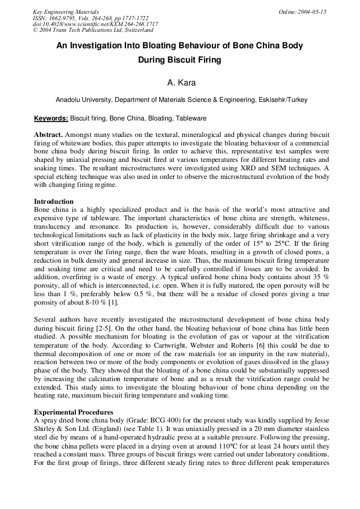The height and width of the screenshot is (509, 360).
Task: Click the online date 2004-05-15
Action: click(x=302, y=12)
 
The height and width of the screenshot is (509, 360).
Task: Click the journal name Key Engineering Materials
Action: click(x=65, y=12)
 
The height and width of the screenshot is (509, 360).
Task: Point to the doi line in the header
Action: click(x=95, y=24)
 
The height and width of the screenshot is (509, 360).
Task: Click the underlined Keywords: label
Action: click(x=51, y=118)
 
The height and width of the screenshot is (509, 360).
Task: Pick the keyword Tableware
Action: click(x=191, y=118)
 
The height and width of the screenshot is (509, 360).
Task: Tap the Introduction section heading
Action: click(x=54, y=202)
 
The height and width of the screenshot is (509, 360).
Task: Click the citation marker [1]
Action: click(x=113, y=303)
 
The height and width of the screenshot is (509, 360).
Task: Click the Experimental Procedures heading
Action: click(x=73, y=412)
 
